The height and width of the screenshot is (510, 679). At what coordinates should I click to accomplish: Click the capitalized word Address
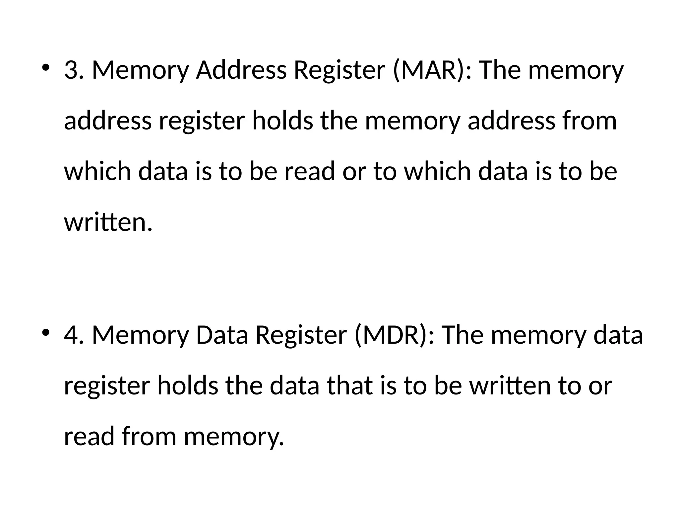click(x=241, y=70)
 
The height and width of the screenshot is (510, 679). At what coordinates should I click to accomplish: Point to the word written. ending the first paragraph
click(x=108, y=222)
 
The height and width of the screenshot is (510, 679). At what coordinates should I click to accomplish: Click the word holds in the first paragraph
click(x=282, y=121)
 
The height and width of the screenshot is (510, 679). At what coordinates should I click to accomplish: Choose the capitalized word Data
click(x=222, y=335)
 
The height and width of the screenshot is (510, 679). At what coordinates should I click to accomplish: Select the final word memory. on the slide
click(x=234, y=437)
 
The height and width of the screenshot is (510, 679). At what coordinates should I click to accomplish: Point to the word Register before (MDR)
click(x=301, y=335)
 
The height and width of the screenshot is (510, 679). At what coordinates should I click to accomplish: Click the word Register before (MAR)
click(x=339, y=70)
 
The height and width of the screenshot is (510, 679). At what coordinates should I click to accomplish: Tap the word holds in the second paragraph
click(x=188, y=386)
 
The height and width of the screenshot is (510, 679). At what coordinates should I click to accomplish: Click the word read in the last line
click(x=89, y=436)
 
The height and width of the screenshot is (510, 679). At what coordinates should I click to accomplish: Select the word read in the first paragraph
click(x=309, y=172)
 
